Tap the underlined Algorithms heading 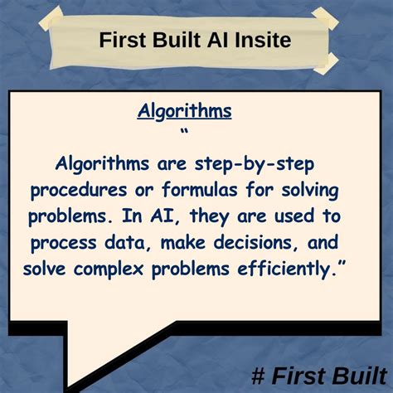coord(185,110)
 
